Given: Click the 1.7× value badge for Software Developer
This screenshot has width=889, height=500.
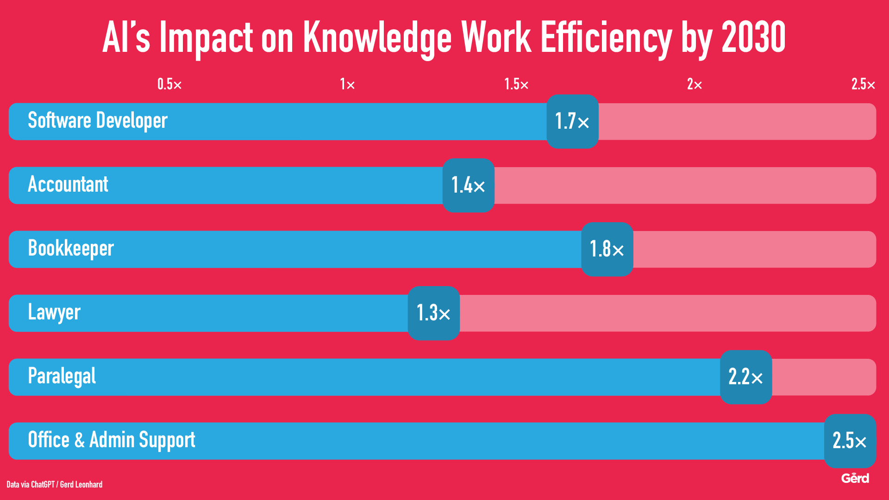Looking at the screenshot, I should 572,121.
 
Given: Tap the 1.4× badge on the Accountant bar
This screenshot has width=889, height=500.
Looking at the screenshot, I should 468,185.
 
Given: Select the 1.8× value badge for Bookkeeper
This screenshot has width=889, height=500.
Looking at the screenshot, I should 607,249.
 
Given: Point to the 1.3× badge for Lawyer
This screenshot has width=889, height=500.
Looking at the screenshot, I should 433,313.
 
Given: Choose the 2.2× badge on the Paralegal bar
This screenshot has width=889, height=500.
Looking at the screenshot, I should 746,377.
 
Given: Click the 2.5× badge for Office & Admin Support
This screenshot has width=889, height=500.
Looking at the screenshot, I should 850,441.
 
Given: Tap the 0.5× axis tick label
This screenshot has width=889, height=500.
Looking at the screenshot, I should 169,84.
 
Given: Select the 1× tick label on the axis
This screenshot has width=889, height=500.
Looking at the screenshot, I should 347,84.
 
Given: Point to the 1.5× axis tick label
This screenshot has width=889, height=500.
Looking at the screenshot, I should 516,84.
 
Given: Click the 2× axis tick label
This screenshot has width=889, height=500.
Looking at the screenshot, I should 695,84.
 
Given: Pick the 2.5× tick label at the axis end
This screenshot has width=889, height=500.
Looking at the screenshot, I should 863,84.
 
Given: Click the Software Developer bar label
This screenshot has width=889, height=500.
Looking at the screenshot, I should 98,121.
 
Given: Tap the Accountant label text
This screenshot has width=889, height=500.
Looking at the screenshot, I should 68,184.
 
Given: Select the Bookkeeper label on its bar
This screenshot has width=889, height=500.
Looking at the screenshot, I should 71,249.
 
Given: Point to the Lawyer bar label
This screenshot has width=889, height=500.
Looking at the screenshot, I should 54,312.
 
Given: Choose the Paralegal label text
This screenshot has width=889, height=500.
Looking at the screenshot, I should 62,376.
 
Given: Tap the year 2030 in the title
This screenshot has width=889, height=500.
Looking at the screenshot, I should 753,37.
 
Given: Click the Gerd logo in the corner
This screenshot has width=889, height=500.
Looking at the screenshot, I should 855,478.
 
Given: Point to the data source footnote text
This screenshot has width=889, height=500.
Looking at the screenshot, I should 55,485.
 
